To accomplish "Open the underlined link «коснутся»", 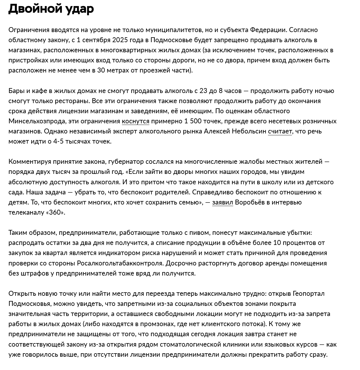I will (136, 121).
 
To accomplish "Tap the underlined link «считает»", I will (280, 131).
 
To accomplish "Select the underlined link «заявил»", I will (222, 202).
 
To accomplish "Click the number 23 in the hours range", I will (203, 91).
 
